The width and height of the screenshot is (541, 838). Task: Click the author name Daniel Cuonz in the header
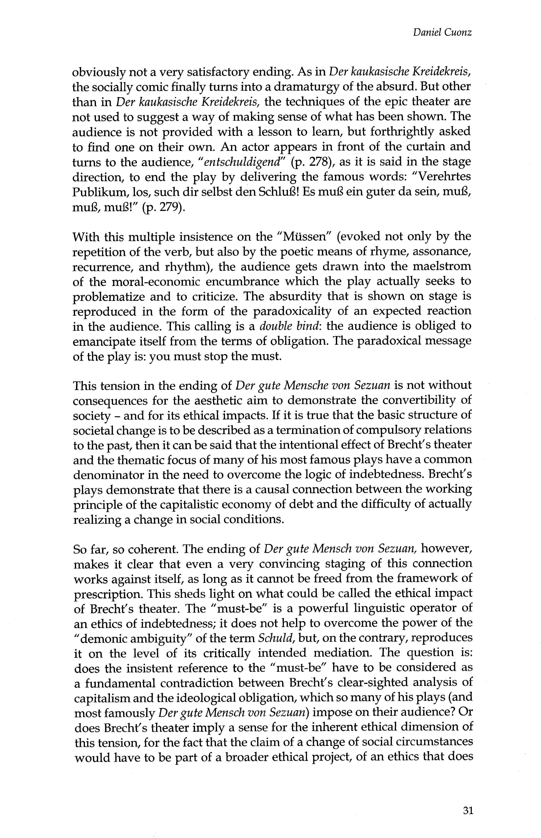pos(442,33)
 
